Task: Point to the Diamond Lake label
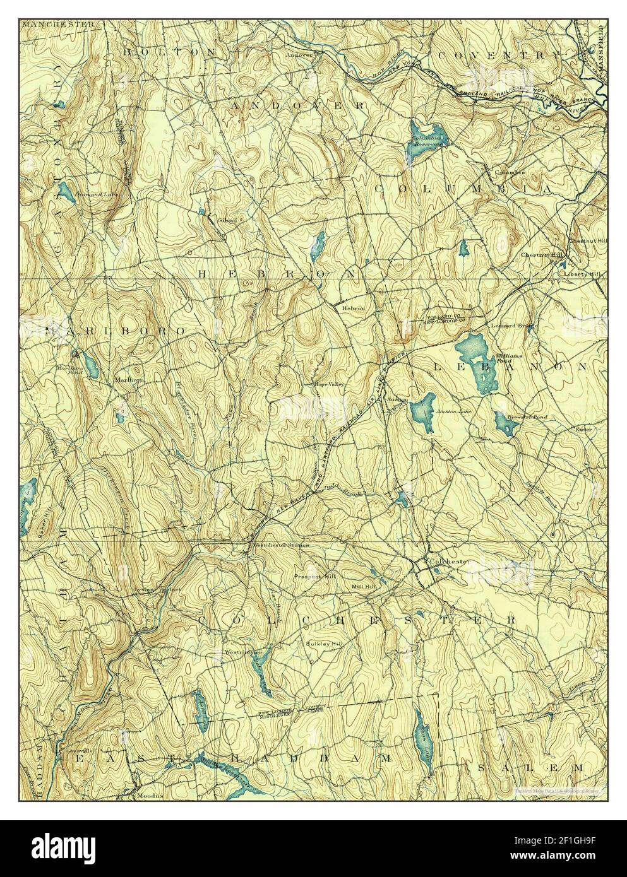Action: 95,194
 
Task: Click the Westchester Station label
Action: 281,544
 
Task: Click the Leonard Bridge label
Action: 513,325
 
